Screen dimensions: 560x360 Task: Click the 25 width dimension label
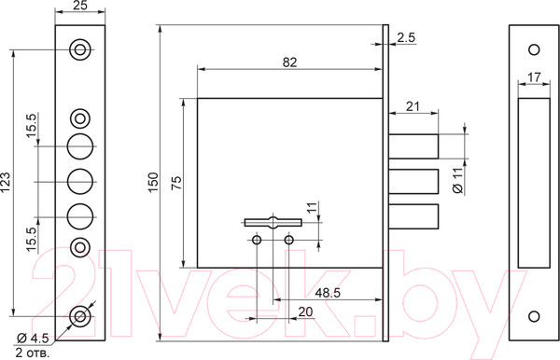80,6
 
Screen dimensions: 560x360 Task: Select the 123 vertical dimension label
6,183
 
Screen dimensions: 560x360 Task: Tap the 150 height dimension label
153,182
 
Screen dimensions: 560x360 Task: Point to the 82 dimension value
289,62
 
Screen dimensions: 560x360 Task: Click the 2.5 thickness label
406,37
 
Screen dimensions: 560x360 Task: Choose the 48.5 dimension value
328,293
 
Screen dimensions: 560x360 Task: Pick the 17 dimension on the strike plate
534,77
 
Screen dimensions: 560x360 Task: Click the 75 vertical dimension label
176,182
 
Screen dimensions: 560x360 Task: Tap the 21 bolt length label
413,106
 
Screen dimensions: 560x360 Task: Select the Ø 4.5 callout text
33,338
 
